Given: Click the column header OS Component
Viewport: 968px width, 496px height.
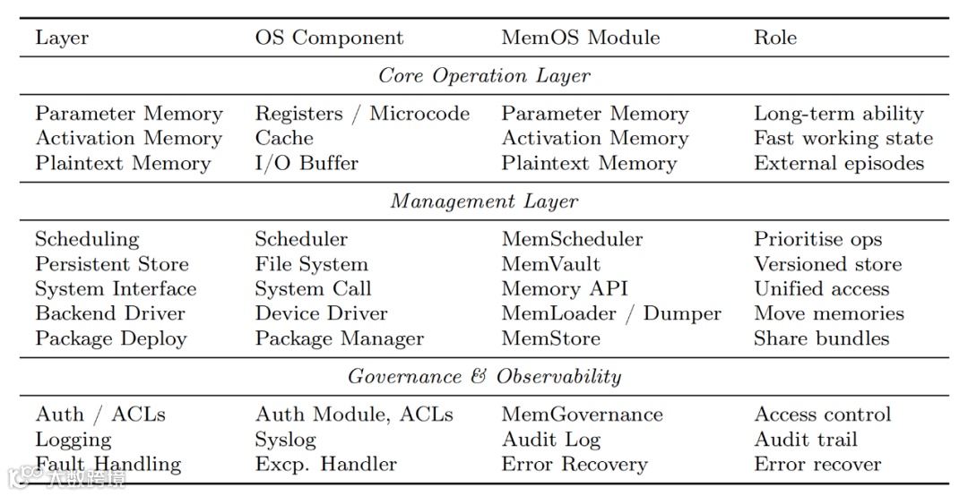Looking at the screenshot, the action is coord(329,38).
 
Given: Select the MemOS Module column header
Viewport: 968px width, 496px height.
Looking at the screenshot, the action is coord(580,38).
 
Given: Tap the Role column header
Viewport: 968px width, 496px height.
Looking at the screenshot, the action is coord(774,38).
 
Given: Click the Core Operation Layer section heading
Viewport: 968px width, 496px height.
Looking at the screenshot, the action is coord(484,76).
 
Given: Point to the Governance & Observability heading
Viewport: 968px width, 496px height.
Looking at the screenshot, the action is coord(484,376).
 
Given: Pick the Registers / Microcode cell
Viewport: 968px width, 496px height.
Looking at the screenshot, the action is coord(362,114).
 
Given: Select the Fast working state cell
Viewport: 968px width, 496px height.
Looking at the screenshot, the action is coord(843,139).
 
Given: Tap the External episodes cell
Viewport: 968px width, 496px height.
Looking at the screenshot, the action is coord(838,164).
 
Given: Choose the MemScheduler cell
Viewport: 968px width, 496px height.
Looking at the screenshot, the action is coord(572,239).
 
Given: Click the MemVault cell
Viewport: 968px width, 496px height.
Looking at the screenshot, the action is coord(550,264).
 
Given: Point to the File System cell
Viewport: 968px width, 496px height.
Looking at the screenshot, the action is coord(311,264).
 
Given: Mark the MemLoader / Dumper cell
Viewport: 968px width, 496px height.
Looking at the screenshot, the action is coord(610,314).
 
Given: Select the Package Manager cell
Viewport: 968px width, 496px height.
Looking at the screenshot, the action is coord(339,339).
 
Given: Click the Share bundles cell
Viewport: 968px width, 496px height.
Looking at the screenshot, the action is coord(821,339).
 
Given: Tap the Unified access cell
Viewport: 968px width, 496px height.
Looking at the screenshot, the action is coord(821,289).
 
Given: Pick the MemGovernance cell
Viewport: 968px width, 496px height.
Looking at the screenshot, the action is coord(582,415).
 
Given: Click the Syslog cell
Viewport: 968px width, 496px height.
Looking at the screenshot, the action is coord(285,440).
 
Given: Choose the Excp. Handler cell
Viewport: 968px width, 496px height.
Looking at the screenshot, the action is coord(325,465).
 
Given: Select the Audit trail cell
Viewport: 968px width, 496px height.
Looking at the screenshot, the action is coord(805,440).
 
